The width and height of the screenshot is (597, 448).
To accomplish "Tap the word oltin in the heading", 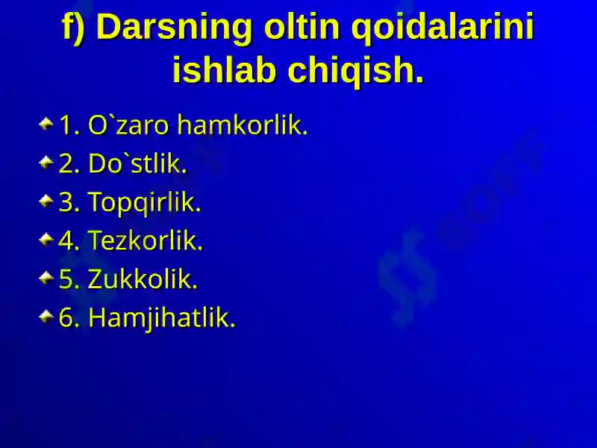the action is click(301, 27).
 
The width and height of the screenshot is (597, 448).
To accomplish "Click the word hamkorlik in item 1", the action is click(242, 125).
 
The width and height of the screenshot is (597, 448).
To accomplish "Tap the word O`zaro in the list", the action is click(128, 125).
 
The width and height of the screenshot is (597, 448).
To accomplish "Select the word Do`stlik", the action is click(137, 164).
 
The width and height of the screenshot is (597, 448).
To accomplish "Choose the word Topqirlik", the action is click(144, 202).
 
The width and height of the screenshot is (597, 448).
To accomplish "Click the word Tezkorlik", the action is click(146, 240).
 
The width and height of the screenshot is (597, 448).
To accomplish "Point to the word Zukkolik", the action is click(143, 279).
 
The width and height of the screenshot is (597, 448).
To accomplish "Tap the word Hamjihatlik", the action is click(162, 318).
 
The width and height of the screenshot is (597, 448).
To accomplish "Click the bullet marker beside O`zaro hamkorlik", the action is click(46, 124).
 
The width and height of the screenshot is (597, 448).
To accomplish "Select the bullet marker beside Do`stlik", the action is click(46, 162).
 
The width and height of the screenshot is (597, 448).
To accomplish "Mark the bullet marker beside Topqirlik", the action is click(46, 201).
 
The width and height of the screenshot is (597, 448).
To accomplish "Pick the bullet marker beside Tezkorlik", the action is click(46, 239).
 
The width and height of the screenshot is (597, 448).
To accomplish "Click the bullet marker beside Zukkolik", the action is click(46, 278).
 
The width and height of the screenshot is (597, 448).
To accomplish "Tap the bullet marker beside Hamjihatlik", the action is click(46, 316).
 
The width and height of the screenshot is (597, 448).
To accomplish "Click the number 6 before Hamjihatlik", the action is click(66, 317).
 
